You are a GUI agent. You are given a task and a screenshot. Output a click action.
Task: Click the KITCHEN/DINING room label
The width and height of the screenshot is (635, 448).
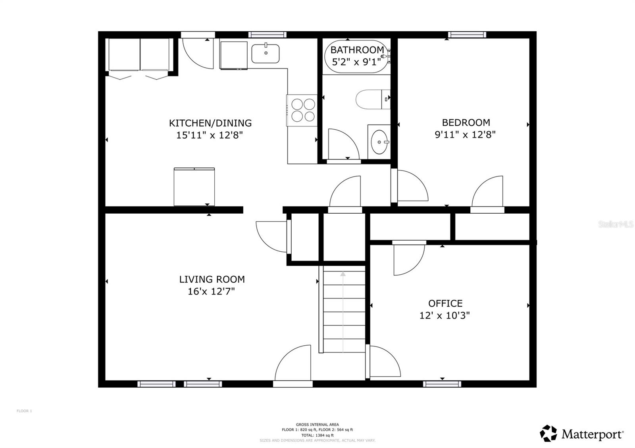210,123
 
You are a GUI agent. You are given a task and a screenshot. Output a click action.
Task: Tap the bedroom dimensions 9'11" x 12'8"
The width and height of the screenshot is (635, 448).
466,134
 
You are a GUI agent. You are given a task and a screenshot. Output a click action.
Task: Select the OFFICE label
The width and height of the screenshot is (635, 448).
445,303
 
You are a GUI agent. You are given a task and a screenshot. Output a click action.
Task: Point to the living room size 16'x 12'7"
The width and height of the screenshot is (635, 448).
211,291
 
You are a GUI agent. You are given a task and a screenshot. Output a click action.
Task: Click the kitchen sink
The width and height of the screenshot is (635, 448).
265,54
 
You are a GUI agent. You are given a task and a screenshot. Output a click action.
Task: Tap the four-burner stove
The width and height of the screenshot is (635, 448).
303,110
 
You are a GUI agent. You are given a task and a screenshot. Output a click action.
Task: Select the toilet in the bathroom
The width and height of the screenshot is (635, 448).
372,99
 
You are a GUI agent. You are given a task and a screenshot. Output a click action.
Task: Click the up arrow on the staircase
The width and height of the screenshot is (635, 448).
343,274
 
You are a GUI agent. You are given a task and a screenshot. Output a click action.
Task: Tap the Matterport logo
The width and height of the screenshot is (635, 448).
582,434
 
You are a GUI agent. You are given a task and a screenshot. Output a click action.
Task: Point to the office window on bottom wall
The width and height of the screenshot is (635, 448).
442,384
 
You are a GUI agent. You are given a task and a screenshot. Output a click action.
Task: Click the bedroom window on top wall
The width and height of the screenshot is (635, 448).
467,35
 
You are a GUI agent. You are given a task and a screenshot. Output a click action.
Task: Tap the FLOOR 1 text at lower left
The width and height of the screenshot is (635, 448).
24,411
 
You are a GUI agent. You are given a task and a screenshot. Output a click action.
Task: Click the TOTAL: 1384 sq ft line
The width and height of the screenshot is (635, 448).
317,435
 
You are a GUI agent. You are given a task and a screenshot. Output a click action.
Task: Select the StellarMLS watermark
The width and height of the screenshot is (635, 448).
616,224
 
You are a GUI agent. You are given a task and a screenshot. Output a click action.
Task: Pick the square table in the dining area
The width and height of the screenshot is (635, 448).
194,187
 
